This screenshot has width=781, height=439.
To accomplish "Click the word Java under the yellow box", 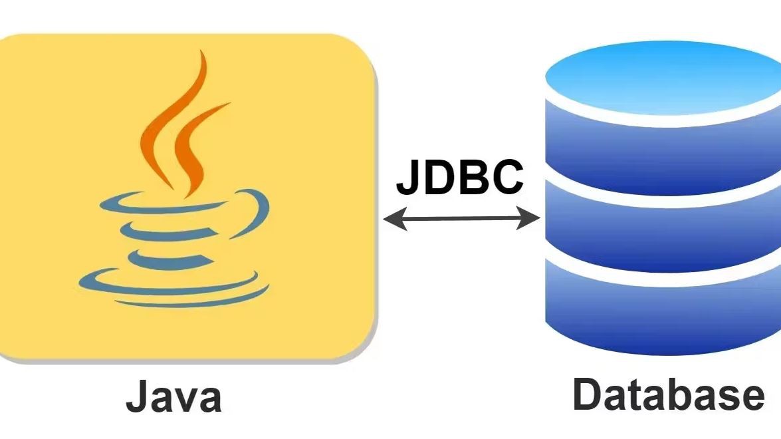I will tap(173, 397).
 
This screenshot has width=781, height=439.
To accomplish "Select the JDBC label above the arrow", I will tap(460, 177).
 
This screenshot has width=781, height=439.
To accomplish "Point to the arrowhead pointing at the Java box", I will tap(393, 218).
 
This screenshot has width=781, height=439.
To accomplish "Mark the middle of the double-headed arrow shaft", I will tap(461, 218).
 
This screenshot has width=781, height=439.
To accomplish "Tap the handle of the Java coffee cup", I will tap(256, 213).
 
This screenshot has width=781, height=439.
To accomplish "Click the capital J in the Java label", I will tap(136, 397).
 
